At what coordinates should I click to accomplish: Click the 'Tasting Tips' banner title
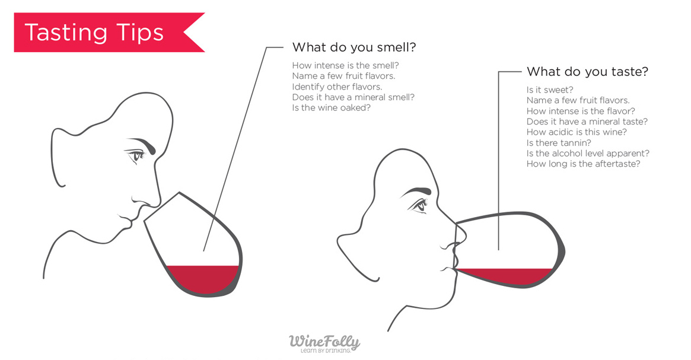tap(94, 33)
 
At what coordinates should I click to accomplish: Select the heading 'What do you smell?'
tap(353, 47)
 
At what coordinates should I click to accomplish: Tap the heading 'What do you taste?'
tap(587, 72)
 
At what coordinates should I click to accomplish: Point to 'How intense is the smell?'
tap(345, 65)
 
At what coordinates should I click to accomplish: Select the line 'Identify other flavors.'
tap(337, 87)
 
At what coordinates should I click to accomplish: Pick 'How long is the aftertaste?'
tap(583, 164)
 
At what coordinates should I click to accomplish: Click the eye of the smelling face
tap(138, 156)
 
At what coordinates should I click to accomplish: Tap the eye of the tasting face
tap(421, 205)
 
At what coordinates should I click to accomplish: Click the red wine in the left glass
tap(203, 279)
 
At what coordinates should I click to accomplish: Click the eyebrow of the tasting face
tap(415, 192)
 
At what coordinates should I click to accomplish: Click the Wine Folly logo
tap(324, 342)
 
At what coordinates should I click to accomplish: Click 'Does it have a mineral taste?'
tap(587, 122)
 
